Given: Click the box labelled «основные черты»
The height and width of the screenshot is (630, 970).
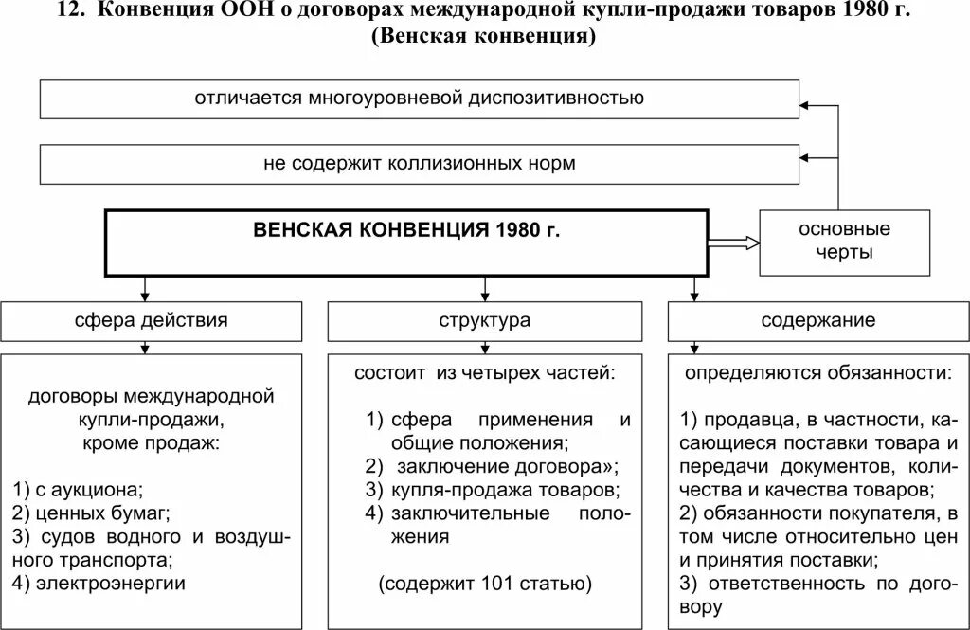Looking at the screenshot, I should coord(844,242).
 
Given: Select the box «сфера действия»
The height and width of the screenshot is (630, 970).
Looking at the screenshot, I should coord(152,321).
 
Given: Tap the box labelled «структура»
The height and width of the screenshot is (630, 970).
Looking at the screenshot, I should coord(485,321).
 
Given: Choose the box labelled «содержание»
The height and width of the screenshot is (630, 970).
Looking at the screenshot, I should coord(818,321).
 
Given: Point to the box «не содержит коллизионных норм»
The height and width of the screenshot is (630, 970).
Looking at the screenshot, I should coord(420,164).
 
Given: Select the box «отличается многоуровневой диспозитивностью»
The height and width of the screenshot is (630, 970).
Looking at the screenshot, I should coord(420,99).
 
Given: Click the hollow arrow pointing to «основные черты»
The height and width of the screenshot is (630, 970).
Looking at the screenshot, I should coord(734,243).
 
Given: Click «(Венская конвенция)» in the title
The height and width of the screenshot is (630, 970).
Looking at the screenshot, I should coord(484,39).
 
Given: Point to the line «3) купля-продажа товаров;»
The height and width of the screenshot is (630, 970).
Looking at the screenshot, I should coord(493,490).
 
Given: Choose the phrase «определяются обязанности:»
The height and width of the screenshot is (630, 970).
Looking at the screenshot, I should coord(818,372).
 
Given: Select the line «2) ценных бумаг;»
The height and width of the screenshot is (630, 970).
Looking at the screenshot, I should coord(91,513).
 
